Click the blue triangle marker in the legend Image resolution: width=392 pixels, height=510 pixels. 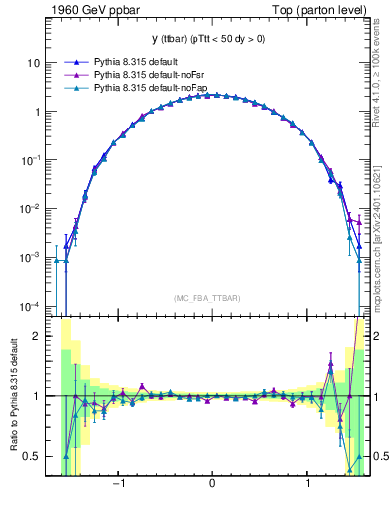[x=76, y=61]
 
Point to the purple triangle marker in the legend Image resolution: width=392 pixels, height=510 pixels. [x=76, y=75]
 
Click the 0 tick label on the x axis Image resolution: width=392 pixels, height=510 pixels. [x=212, y=485]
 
